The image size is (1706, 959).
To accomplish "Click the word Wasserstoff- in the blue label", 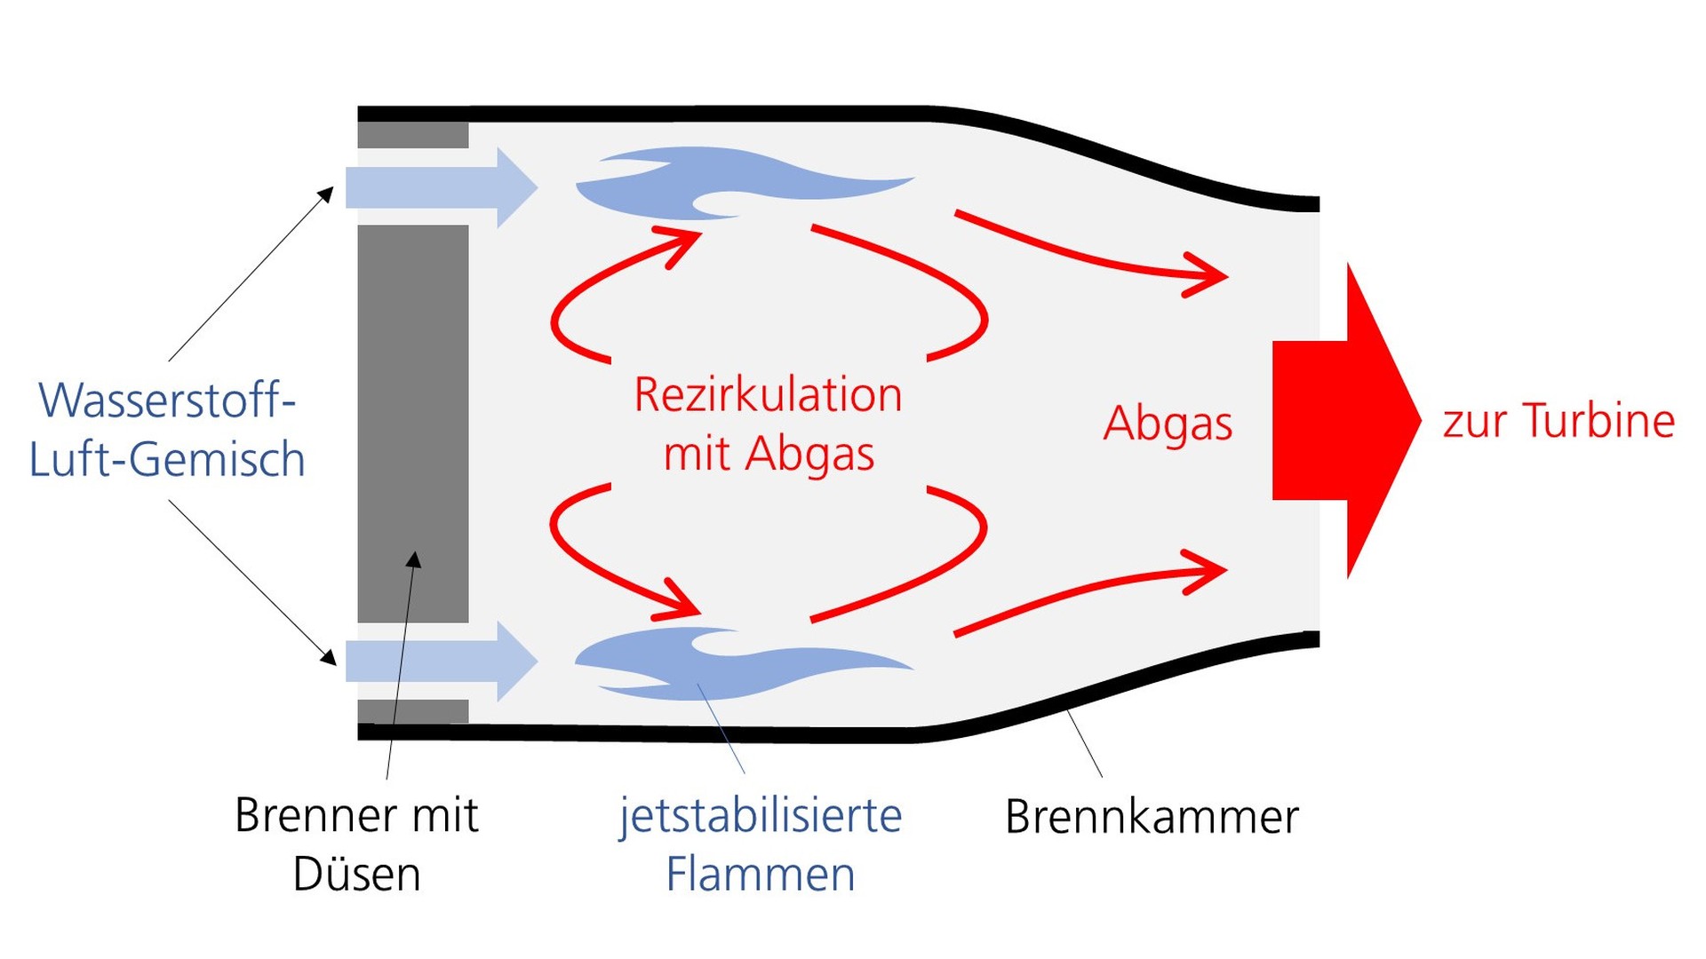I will click(167, 400).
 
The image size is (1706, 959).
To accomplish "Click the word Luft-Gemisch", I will click(167, 460).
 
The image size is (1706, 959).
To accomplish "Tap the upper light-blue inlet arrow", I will click(440, 187).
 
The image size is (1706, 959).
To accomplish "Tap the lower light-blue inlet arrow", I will click(440, 662).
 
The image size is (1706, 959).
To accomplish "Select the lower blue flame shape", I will click(737, 666).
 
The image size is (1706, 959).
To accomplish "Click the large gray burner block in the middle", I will click(413, 423).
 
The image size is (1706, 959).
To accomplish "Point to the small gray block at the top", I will click(413, 136).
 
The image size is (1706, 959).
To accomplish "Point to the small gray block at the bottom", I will click(413, 711).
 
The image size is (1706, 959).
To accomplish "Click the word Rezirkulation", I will click(768, 395).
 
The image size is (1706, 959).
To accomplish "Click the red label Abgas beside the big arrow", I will click(1168, 424).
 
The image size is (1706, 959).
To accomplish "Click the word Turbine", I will click(1598, 421).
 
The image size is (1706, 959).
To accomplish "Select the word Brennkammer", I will click(1152, 817).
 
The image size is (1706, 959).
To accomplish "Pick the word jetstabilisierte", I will click(761, 815).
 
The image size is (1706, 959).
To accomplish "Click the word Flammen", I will click(761, 875).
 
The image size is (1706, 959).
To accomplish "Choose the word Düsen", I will click(356, 875).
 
